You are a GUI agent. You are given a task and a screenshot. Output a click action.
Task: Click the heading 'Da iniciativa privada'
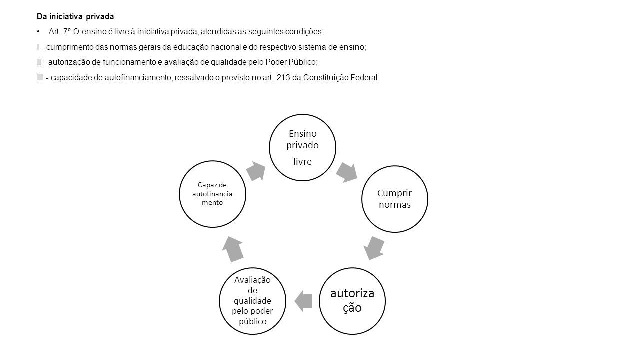point(75,17)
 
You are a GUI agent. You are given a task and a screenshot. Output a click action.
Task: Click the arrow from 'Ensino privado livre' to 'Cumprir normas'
point(347,173)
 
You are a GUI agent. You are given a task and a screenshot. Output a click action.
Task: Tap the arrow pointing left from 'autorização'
point(303,301)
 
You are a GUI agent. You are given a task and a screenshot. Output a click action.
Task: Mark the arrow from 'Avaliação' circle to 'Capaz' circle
point(233,249)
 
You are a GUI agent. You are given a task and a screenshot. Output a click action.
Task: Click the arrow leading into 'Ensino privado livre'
point(256,171)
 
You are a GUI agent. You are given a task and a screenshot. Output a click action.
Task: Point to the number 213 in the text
point(283,77)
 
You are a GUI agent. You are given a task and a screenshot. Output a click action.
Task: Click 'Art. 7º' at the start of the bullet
point(59,31)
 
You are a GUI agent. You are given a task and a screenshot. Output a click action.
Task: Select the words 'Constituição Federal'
point(341,77)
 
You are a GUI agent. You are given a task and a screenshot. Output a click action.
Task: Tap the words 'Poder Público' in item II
point(290,62)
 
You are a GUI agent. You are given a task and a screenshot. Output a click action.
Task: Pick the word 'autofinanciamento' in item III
point(138,77)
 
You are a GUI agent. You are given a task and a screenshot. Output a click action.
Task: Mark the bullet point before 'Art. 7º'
point(38,31)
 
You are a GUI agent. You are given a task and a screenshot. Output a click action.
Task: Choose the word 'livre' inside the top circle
point(302,161)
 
